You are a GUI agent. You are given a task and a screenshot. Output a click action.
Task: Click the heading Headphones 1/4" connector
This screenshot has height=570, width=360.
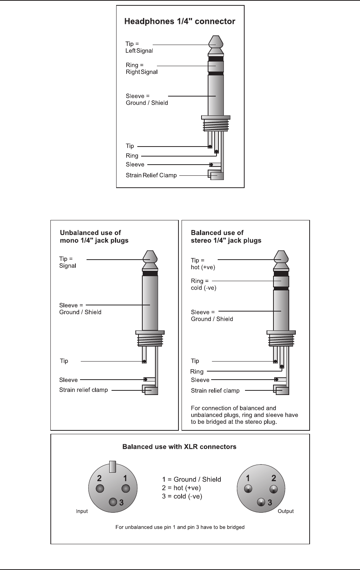pyautogui.click(x=180, y=22)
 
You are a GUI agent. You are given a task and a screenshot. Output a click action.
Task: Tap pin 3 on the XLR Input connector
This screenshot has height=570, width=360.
pyautogui.click(x=113, y=502)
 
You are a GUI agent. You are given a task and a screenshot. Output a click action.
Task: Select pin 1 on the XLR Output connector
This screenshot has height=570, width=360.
pyautogui.click(x=248, y=489)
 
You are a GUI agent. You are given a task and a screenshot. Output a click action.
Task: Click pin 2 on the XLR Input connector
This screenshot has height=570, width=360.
pyautogui.click(x=100, y=488)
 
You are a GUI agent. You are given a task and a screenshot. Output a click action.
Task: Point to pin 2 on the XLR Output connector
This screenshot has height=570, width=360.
pyautogui.click(x=273, y=489)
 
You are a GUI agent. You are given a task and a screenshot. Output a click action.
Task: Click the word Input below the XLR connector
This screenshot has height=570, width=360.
pyautogui.click(x=82, y=511)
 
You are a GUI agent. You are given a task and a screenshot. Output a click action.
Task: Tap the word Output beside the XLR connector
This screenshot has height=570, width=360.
pyautogui.click(x=285, y=511)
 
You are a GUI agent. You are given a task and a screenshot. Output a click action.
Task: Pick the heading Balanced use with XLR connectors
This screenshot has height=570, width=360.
pyautogui.click(x=179, y=447)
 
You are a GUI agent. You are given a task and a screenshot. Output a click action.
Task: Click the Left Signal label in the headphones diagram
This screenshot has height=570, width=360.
pyautogui.click(x=139, y=51)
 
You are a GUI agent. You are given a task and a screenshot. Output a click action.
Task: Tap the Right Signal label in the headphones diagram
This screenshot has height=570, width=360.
pyautogui.click(x=142, y=72)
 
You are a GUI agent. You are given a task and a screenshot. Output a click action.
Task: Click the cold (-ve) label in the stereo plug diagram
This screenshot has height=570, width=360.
pyautogui.click(x=204, y=288)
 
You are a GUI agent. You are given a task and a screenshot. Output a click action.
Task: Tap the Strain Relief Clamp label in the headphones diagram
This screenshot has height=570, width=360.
pyautogui.click(x=151, y=175)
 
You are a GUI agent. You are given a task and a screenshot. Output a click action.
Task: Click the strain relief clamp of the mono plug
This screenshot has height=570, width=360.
pyautogui.click(x=151, y=390)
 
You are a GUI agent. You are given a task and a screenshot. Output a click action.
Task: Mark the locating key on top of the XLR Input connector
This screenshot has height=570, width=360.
pyautogui.click(x=113, y=466)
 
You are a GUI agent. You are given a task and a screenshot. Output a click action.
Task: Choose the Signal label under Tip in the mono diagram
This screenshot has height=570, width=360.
pyautogui.click(x=68, y=266)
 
